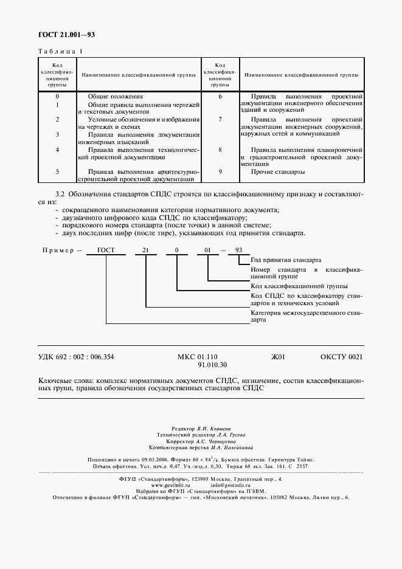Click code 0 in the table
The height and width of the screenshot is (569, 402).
57,96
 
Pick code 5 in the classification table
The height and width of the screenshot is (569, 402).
57,172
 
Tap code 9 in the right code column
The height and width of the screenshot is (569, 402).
220,172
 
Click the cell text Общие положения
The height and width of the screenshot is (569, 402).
115,96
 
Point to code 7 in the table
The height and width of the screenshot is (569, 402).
220,120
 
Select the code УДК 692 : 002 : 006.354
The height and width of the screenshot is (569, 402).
76,357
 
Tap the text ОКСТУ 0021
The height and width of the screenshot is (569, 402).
341,357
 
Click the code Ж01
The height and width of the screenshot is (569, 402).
278,357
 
